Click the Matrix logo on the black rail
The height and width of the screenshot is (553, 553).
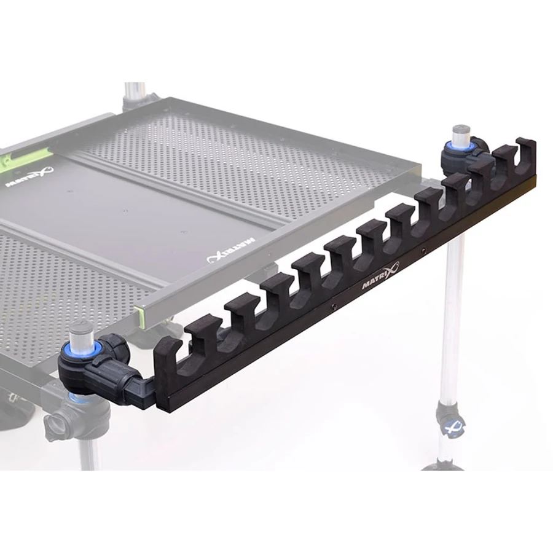[x=380, y=275]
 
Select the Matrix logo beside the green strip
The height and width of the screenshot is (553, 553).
[x=29, y=177]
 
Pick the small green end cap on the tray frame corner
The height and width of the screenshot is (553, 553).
[x=140, y=316]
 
